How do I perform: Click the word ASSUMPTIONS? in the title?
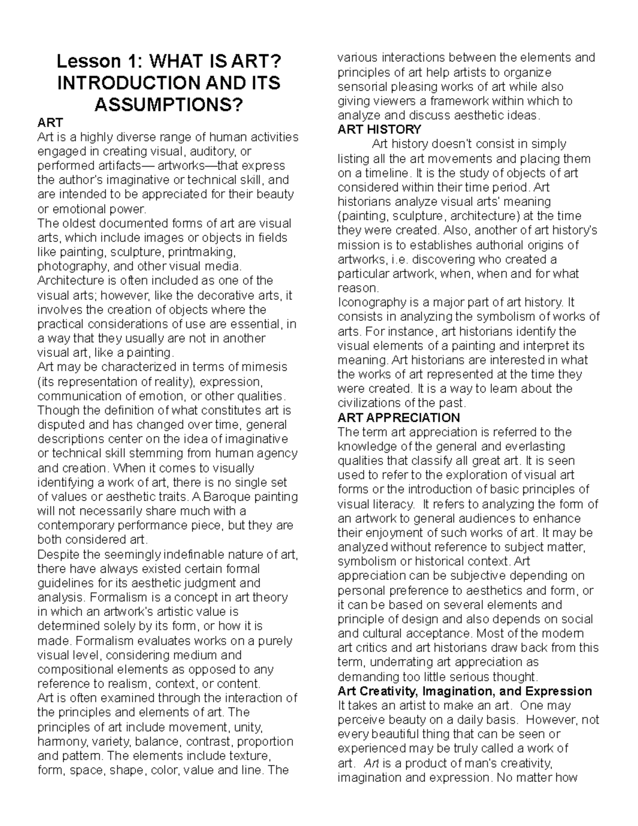(x=167, y=105)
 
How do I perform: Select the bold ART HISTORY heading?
(x=379, y=129)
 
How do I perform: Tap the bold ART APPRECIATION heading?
(x=399, y=418)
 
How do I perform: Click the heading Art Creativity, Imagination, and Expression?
(x=465, y=691)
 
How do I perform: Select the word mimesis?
(x=266, y=367)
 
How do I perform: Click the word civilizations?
(x=371, y=403)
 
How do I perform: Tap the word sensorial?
(x=360, y=86)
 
